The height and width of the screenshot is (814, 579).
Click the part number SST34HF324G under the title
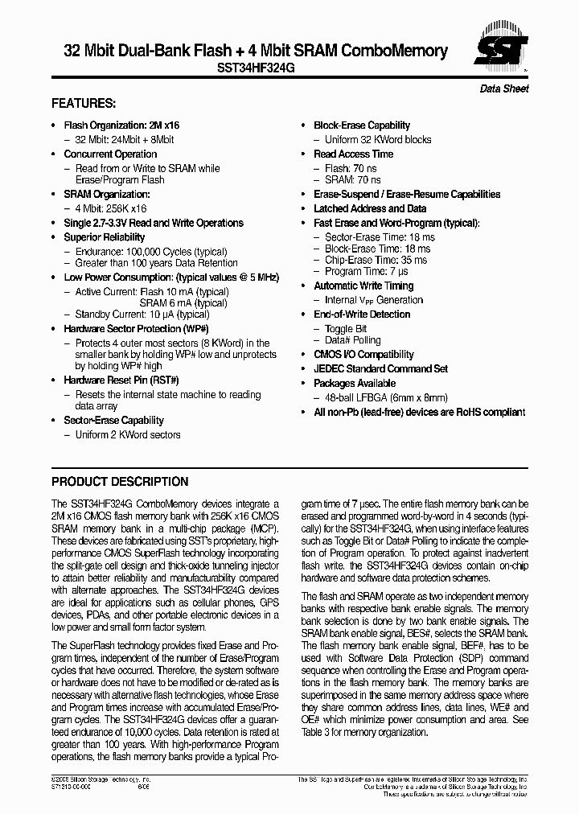256,69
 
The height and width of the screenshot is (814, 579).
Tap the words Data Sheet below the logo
504,88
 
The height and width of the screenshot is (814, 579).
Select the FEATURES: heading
84,104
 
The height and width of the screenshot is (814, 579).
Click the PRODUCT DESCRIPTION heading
120,482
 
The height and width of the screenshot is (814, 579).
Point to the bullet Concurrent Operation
110,154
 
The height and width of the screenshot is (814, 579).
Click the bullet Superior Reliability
105,237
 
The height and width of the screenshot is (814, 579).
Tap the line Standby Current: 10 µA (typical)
142,314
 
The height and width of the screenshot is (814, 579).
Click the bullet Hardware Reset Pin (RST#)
121,380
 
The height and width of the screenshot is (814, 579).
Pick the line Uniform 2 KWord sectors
128,435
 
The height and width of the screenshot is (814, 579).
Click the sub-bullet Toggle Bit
346,329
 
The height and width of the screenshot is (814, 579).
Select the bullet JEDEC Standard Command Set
380,369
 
